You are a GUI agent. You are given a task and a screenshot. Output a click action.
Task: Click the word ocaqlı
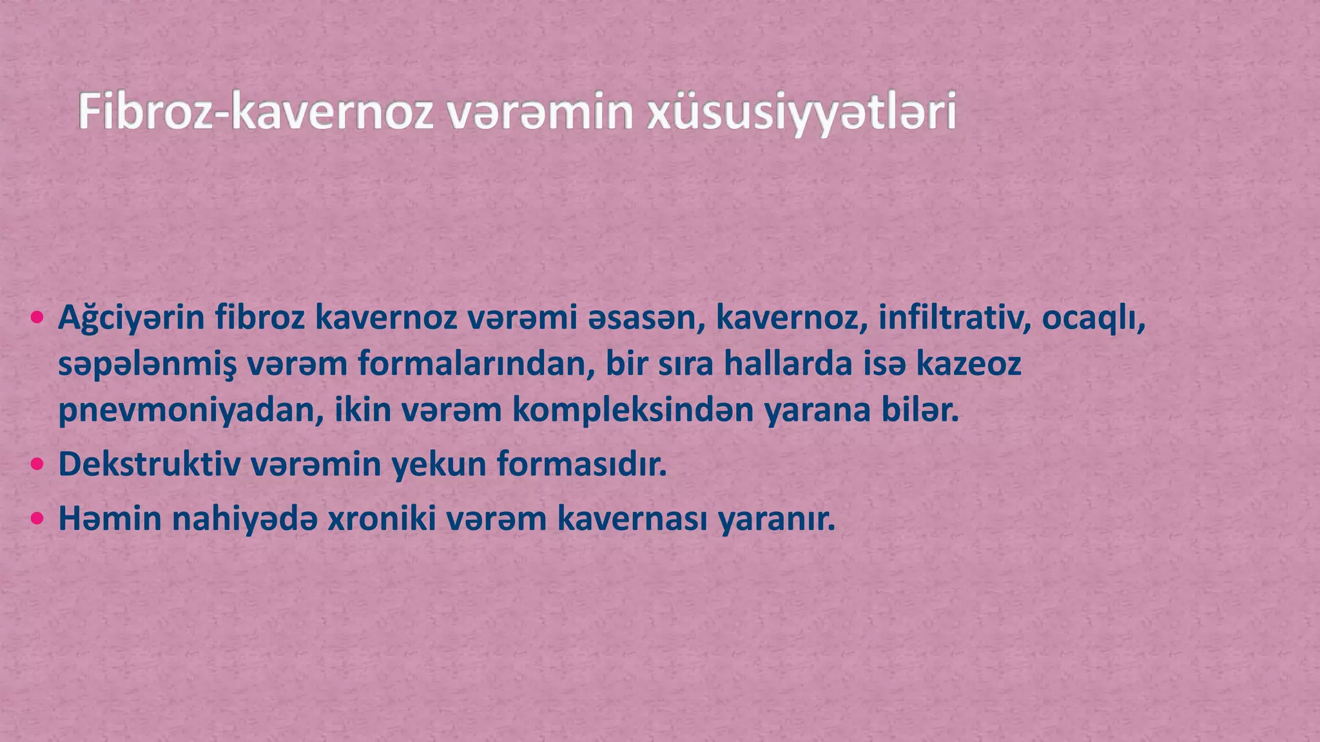tap(1092, 318)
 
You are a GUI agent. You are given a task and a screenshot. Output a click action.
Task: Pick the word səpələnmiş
tap(147, 365)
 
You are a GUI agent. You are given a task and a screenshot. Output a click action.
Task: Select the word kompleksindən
tap(632, 411)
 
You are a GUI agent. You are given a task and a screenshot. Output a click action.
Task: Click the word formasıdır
tap(581, 464)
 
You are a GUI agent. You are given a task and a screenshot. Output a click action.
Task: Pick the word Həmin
tap(110, 518)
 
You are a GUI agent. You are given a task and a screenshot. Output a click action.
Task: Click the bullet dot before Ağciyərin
tap(37, 317)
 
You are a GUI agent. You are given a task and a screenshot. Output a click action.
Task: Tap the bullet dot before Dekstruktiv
tap(37, 464)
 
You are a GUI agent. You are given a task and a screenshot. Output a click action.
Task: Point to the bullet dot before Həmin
tap(37, 518)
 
